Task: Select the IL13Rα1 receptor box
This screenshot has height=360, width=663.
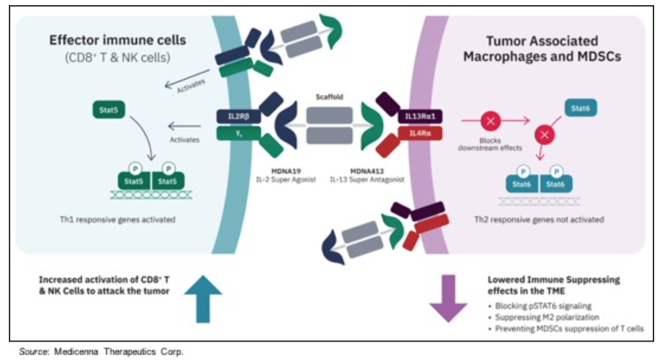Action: coord(420,117)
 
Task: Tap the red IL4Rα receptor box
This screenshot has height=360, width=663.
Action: coord(420,133)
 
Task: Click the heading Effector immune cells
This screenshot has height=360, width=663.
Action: coord(118,40)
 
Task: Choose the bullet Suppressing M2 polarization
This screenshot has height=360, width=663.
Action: coord(547,317)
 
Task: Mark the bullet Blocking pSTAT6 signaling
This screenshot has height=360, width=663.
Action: coord(544,306)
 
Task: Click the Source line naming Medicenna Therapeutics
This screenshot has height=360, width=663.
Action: coord(101,352)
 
